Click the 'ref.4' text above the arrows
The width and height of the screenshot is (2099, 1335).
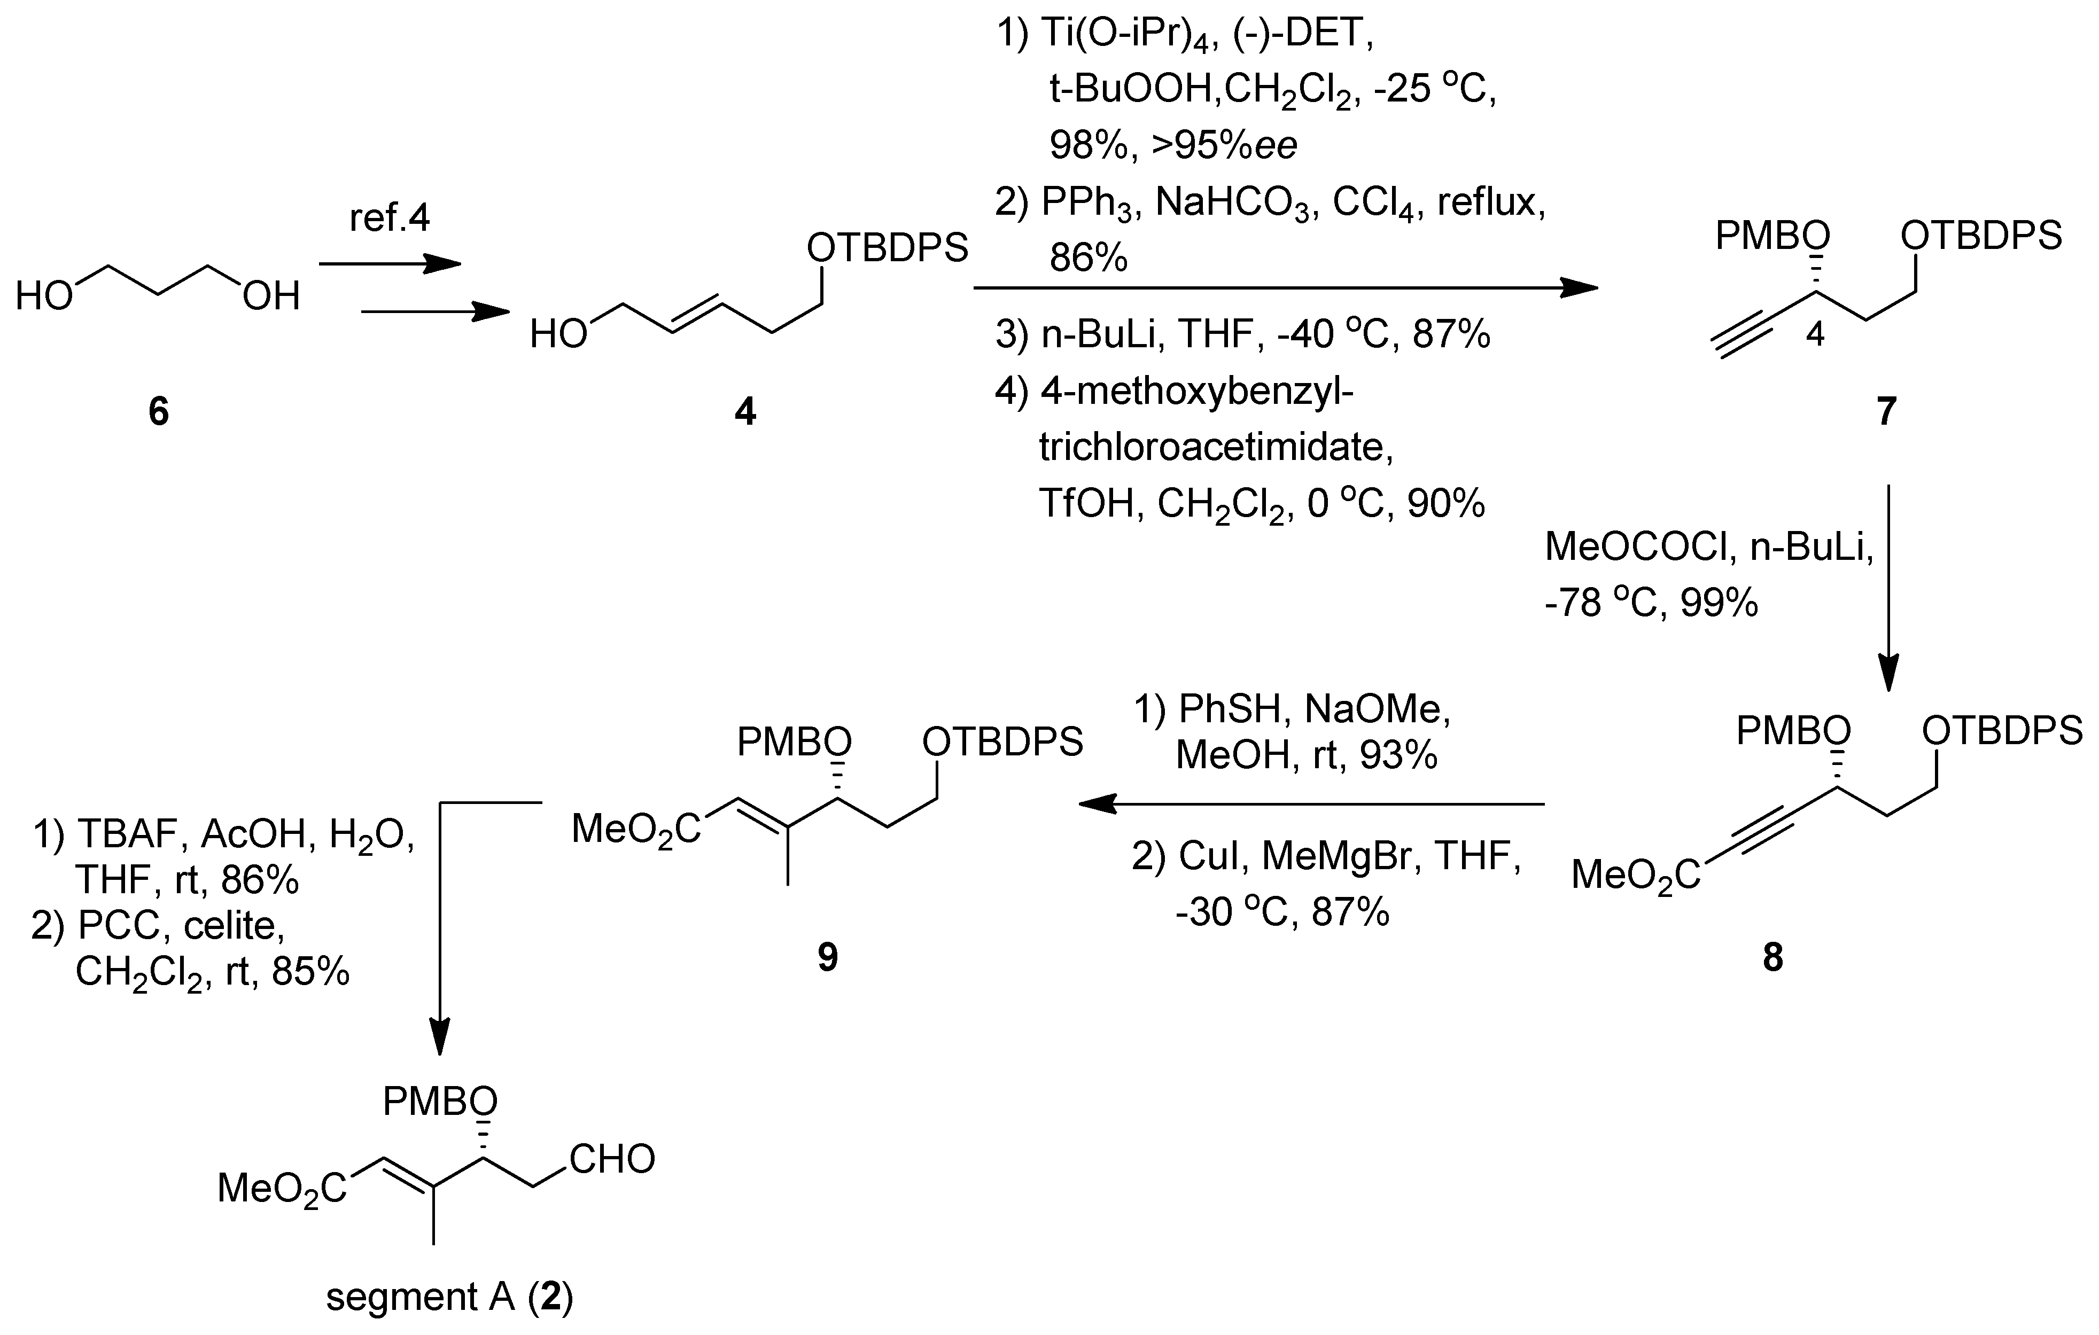click(389, 218)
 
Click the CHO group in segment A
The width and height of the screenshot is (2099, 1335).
click(612, 1160)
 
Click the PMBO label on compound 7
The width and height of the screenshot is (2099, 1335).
click(1772, 235)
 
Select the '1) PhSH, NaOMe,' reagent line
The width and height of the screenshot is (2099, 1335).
click(1291, 710)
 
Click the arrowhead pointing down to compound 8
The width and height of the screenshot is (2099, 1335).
click(1887, 675)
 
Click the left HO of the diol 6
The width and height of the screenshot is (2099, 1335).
click(44, 297)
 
